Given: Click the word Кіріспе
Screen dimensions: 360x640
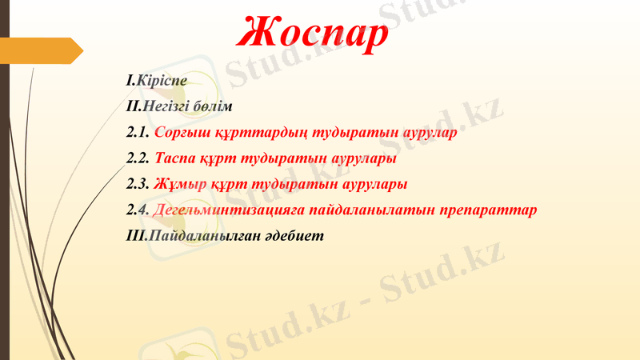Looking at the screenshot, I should coord(161,81).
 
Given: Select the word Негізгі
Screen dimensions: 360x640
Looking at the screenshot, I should coord(169,106).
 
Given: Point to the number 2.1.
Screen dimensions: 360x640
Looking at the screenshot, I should coord(138,133).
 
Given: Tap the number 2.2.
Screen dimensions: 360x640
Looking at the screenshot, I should coord(138,158).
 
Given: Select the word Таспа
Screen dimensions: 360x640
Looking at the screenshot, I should coord(175,158).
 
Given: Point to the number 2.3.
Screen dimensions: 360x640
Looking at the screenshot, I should coord(138,184).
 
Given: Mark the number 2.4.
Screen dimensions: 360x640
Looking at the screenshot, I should coord(138,210).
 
